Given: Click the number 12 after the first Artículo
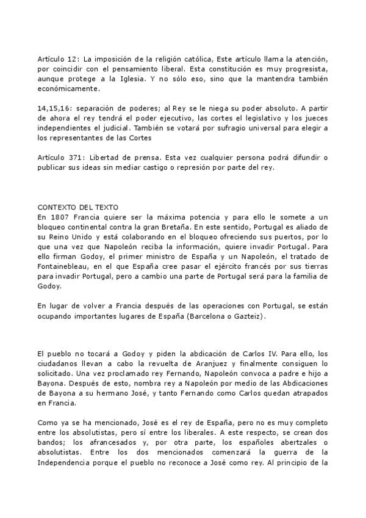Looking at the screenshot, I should (x=71, y=59).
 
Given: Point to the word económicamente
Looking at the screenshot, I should (x=66, y=89).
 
